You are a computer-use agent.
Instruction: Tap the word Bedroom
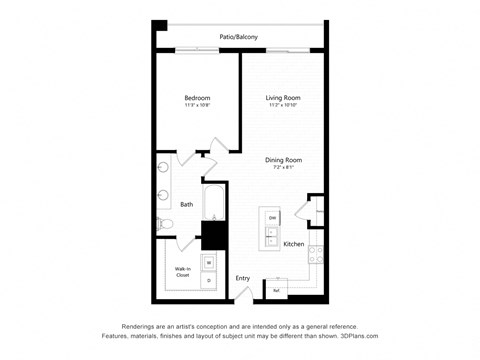[196, 97]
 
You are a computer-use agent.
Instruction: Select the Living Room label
[283, 97]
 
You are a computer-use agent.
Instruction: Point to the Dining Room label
[283, 160]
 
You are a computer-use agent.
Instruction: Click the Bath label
[187, 204]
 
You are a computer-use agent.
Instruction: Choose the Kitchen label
[293, 244]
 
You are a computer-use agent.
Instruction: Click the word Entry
[242, 278]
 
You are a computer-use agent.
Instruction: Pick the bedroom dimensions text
[196, 105]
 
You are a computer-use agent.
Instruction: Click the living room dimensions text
[283, 105]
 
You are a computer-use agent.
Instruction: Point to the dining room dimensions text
[283, 168]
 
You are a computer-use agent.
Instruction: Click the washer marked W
[209, 263]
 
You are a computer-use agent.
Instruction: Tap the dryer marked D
[209, 281]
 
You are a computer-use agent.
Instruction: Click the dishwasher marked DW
[271, 218]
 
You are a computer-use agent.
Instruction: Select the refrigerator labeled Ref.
[275, 290]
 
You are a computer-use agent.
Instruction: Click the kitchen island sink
[271, 236]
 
